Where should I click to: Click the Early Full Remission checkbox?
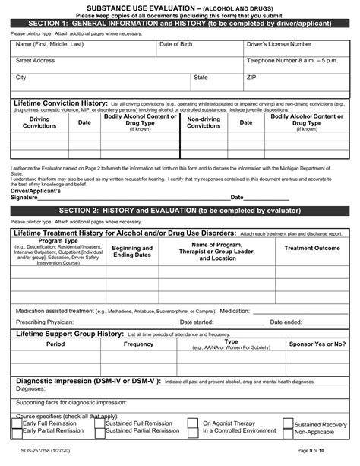[17, 423]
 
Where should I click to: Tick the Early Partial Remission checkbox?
[17, 431]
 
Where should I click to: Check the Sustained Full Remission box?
[99, 423]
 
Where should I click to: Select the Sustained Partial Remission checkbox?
[99, 431]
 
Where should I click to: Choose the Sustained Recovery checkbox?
[288, 424]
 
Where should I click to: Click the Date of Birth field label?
[175, 45]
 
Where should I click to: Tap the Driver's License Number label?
[278, 45]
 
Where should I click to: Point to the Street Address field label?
[35, 60]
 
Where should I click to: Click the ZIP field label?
[251, 78]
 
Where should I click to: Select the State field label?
[201, 78]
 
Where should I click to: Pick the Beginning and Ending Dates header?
[132, 252]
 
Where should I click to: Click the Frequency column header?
[138, 344]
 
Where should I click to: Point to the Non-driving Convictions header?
[204, 122]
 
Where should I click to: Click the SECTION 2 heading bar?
[180, 210]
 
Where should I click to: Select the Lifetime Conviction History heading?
[61, 103]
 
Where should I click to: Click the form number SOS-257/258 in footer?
[34, 450]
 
